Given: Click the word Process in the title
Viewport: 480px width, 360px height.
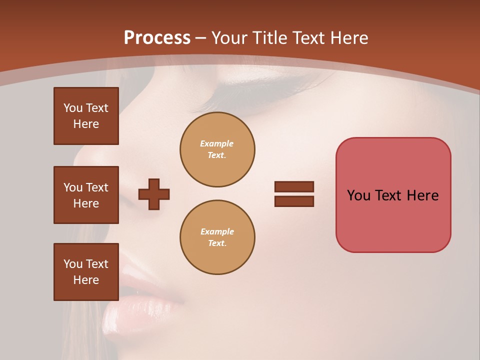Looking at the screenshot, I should [x=157, y=38].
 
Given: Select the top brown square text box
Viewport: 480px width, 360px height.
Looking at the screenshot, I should [x=86, y=116].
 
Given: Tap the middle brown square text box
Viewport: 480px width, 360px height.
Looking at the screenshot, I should [x=86, y=195].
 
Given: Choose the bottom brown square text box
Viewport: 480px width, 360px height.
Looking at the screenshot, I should [x=86, y=272].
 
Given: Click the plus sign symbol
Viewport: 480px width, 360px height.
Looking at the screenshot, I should [x=154, y=194].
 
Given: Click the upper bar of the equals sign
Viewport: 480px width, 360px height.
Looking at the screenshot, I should [x=294, y=186].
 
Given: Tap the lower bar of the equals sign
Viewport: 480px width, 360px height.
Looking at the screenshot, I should [x=294, y=201].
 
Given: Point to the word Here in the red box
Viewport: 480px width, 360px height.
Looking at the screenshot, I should [x=422, y=195].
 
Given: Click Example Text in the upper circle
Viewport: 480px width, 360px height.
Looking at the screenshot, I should [x=217, y=149].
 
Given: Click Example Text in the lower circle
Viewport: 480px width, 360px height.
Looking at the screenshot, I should [x=217, y=237].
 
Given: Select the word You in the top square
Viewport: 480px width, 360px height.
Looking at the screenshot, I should [x=73, y=108].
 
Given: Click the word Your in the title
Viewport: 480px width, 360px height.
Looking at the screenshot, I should [x=230, y=38].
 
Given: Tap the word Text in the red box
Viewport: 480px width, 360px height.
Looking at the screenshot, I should [x=389, y=195].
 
